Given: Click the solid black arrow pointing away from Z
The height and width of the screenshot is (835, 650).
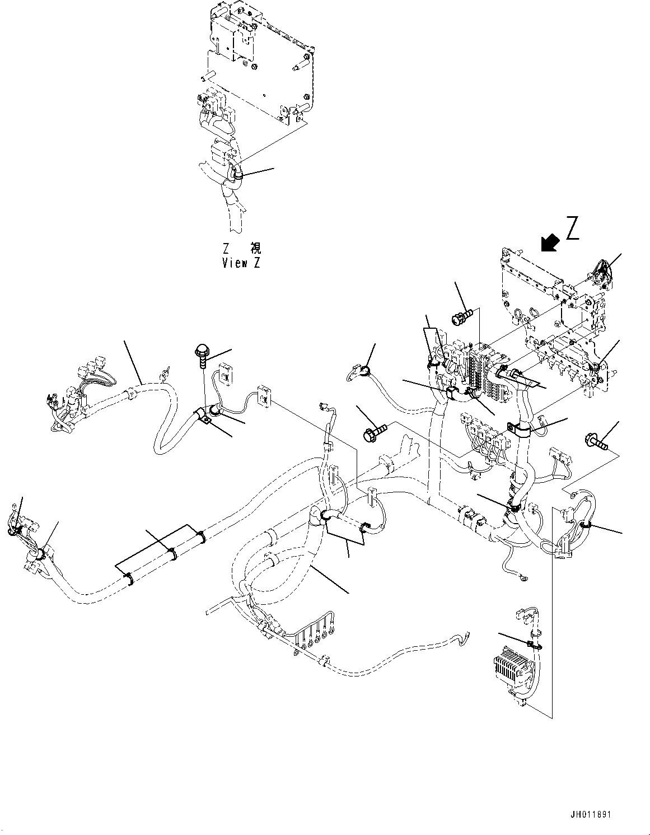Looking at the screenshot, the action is coord(550,243).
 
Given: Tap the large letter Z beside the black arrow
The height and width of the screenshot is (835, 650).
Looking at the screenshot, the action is coord(572,228).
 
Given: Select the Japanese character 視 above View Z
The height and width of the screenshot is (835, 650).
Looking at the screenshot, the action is coord(255,248).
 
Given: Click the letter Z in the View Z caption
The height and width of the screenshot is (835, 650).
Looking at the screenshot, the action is coord(256,264).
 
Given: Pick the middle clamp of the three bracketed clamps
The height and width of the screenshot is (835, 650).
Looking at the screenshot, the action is coord(172,553).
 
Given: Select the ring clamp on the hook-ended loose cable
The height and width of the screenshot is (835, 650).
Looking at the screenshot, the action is coord(364,371).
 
